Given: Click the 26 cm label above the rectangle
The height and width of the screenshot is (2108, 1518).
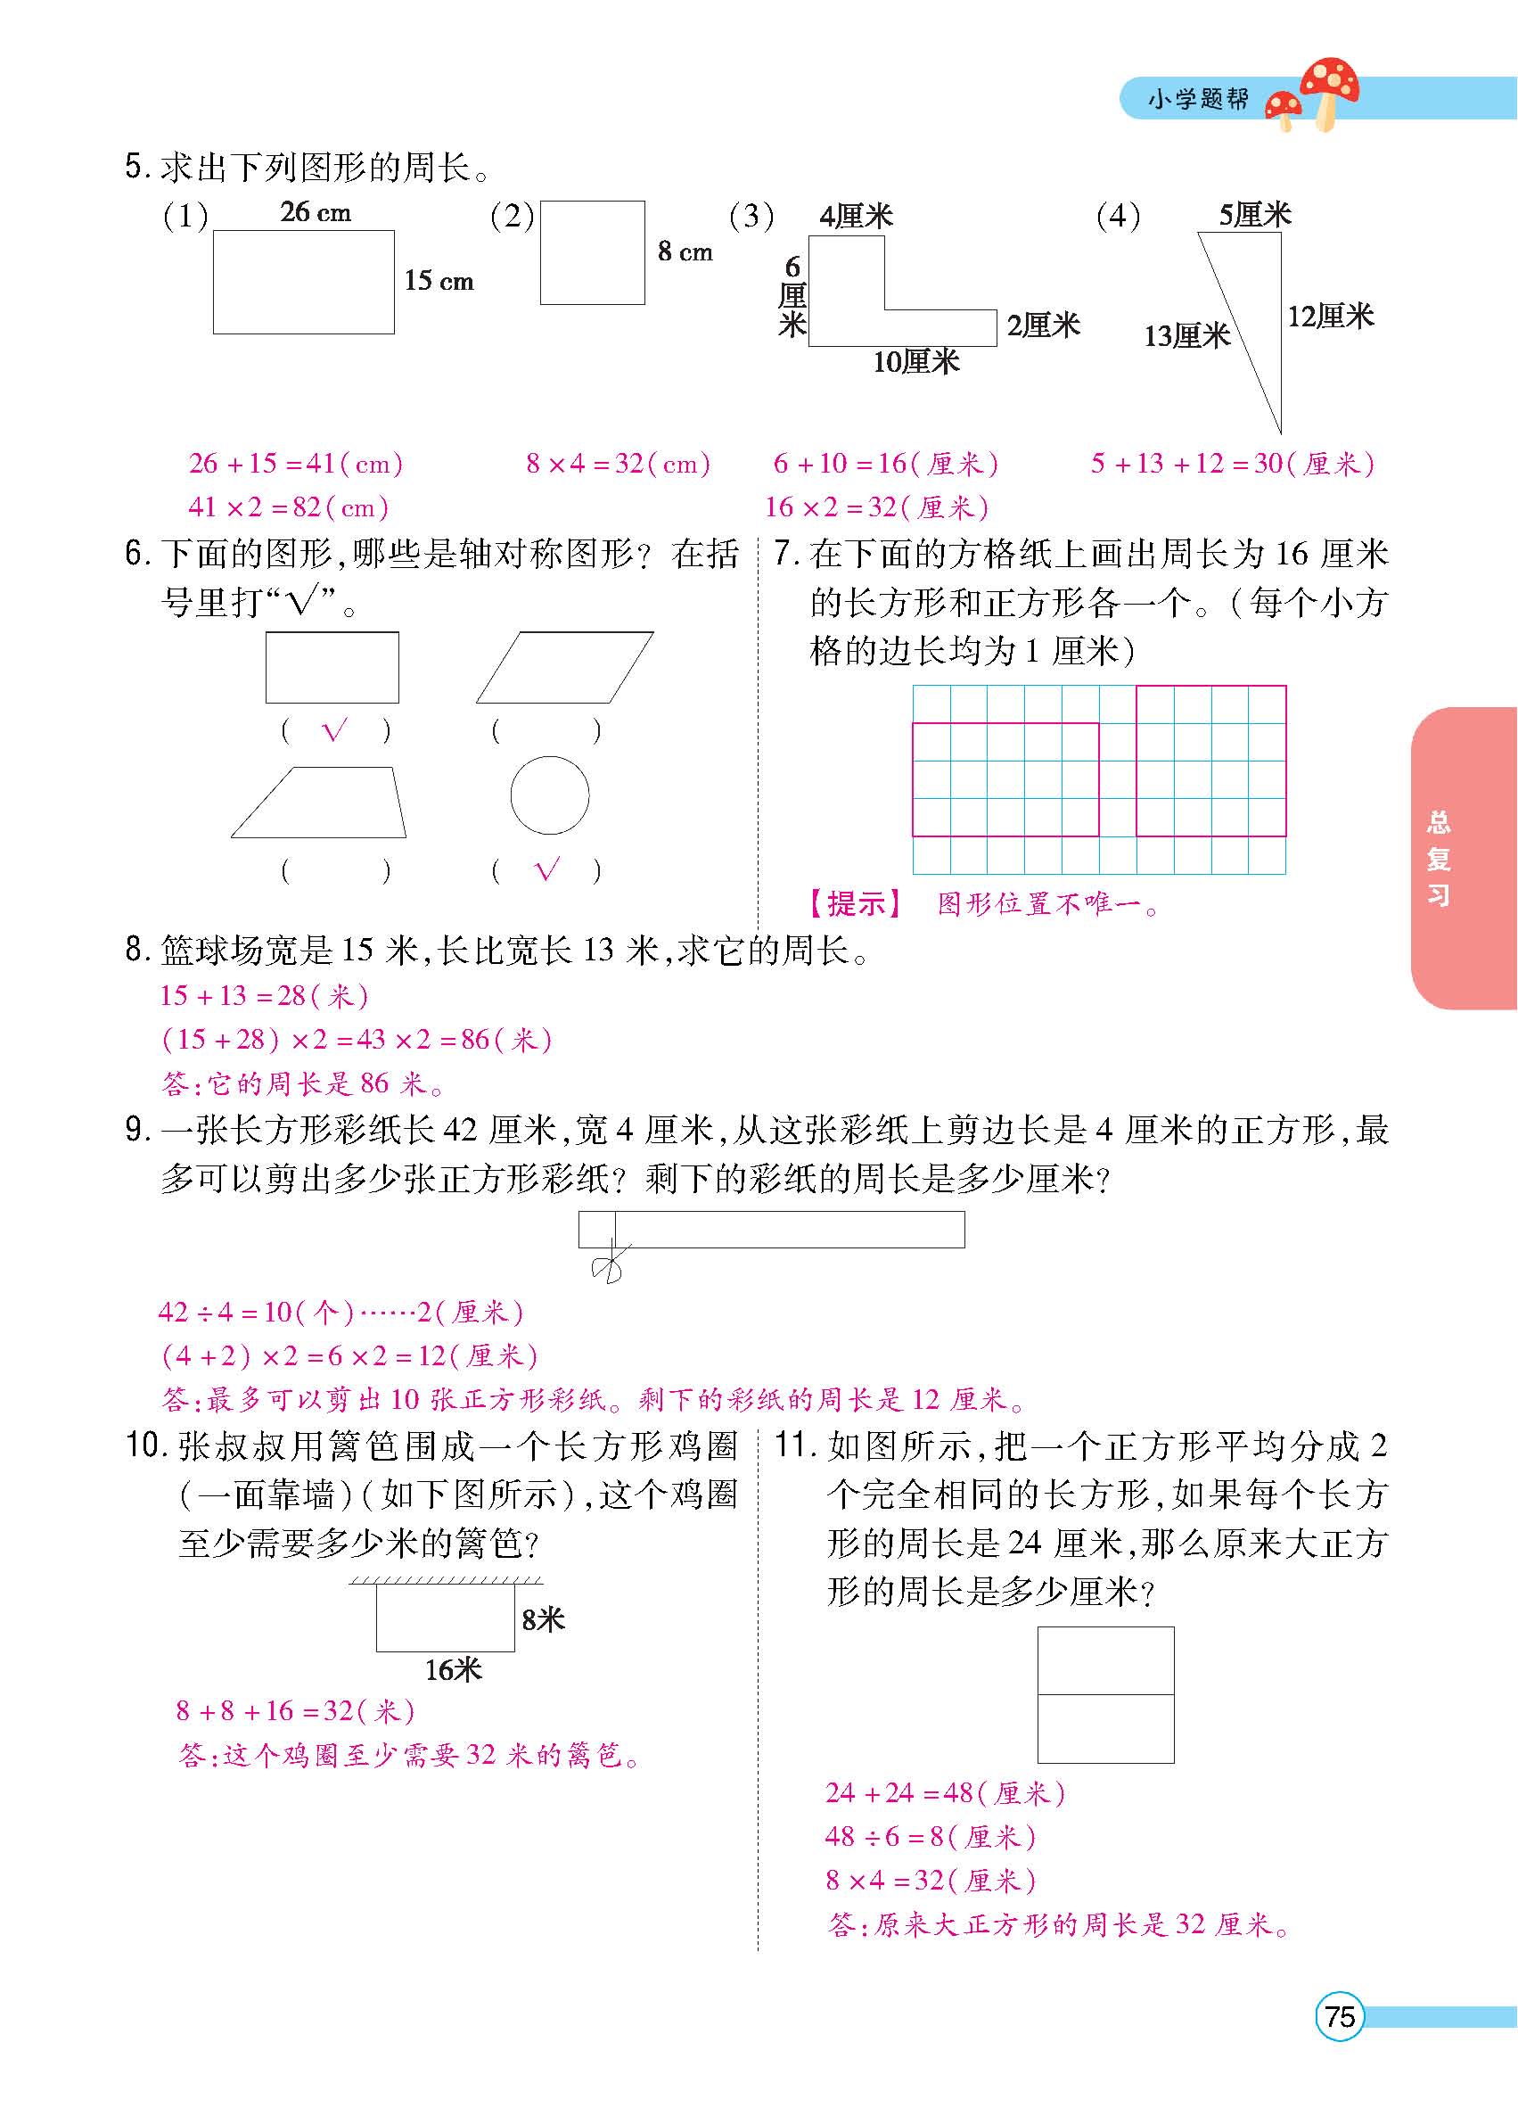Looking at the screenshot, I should pos(316,212).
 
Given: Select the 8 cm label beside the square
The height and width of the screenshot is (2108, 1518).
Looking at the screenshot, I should pos(685,251).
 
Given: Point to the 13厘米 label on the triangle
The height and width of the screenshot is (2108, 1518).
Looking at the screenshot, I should pos(1186,335).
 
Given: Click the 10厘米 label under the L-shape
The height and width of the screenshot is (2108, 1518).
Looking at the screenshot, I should pos(915,361).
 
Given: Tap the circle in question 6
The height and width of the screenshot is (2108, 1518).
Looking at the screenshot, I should pos(549,795).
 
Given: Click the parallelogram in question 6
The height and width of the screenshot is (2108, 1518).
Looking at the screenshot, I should pos(564,667).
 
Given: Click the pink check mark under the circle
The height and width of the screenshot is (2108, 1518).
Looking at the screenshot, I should pos(547,870).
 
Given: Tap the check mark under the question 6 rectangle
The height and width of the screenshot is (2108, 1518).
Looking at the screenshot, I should pos(333,731).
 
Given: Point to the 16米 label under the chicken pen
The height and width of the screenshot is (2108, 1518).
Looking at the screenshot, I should pos(453,1670).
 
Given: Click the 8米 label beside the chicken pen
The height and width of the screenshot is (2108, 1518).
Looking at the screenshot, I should pos(543,1620).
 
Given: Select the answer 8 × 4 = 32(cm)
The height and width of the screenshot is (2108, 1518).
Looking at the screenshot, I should pos(618,463).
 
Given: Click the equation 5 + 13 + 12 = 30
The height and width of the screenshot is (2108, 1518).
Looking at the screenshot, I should pos(1232,463).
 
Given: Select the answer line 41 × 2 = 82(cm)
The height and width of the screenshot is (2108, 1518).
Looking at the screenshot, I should pos(288,506).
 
